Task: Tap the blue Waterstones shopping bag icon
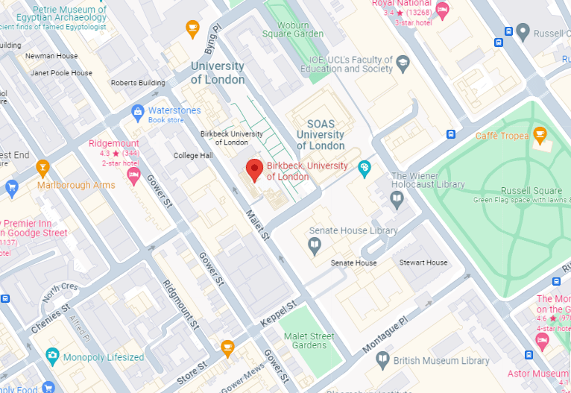pyautogui.click(x=137, y=113)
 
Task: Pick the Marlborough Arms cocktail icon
pyautogui.click(x=42, y=167)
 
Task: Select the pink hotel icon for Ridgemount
pyautogui.click(x=134, y=176)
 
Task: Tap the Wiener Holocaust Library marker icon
pyautogui.click(x=397, y=199)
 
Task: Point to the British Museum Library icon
pyautogui.click(x=382, y=361)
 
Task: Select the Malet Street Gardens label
pyautogui.click(x=309, y=341)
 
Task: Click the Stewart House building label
pyautogui.click(x=423, y=262)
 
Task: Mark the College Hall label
pyautogui.click(x=193, y=156)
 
